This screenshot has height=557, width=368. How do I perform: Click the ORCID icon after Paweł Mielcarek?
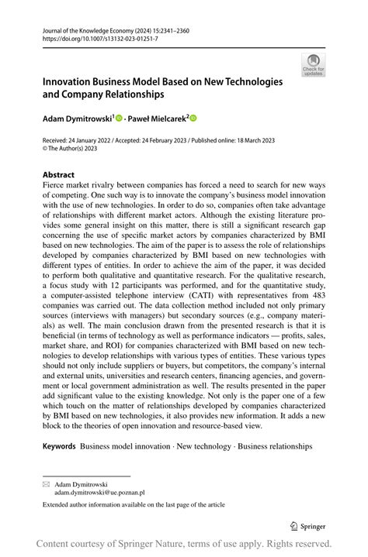pyautogui.click(x=193, y=119)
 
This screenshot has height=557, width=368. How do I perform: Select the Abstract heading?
pyautogui.click(x=58, y=175)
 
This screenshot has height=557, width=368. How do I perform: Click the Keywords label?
pyautogui.click(x=59, y=446)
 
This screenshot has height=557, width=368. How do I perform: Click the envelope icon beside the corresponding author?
pyautogui.click(x=45, y=483)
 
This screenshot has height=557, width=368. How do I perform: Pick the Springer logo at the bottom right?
pyautogui.click(x=308, y=525)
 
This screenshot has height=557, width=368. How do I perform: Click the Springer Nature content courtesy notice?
pyautogui.click(x=184, y=544)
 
